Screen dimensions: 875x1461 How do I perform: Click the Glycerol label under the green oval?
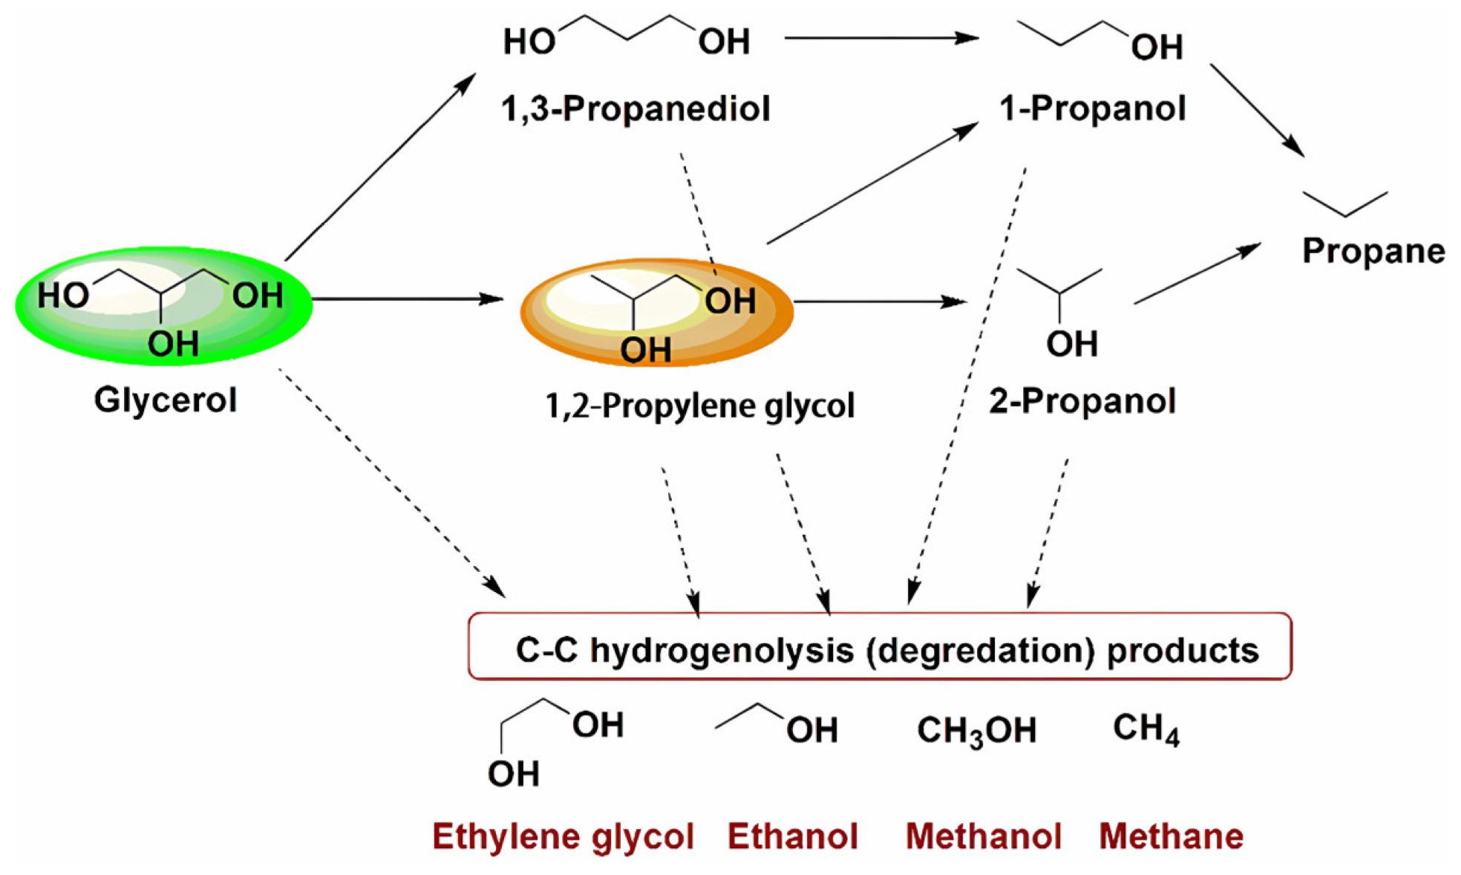pyautogui.click(x=165, y=400)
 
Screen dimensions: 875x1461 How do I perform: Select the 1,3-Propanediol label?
pyautogui.click(x=635, y=109)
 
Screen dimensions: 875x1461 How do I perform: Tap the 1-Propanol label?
pyautogui.click(x=1092, y=109)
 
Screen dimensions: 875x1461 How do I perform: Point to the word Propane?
pyautogui.click(x=1373, y=251)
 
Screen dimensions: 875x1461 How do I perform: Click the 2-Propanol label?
pyautogui.click(x=1082, y=402)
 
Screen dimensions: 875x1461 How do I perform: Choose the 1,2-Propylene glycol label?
pyautogui.click(x=699, y=406)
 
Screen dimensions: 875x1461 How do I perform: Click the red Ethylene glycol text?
pyautogui.click(x=563, y=836)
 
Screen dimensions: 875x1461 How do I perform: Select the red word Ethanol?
pyautogui.click(x=792, y=836)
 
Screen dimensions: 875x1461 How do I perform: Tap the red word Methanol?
pyautogui.click(x=983, y=836)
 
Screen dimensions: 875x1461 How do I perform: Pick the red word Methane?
pyautogui.click(x=1171, y=836)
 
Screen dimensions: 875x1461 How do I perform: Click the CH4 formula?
pyautogui.click(x=1145, y=729)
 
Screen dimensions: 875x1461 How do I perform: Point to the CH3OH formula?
pyautogui.click(x=976, y=730)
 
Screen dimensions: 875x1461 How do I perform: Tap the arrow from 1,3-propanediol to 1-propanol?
pyautogui.click(x=881, y=37)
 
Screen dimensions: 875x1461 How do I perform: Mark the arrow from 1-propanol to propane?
pyautogui.click(x=1256, y=109)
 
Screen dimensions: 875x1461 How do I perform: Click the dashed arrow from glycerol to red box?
pyautogui.click(x=391, y=482)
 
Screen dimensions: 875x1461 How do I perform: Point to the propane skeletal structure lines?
pyautogui.click(x=1345, y=204)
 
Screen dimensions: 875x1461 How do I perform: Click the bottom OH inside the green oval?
pyautogui.click(x=172, y=345)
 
